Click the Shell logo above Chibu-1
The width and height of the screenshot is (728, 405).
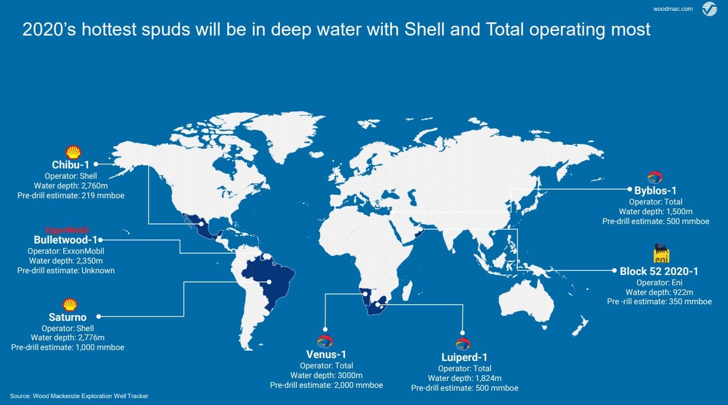pyautogui.click(x=73, y=152)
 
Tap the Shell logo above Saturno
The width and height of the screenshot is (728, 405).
pyautogui.click(x=70, y=305)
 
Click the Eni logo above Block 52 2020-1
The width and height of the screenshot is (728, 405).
pyautogui.click(x=661, y=253)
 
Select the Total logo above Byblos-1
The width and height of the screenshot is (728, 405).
pyautogui.click(x=655, y=178)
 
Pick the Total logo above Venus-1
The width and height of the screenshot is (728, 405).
pyautogui.click(x=325, y=342)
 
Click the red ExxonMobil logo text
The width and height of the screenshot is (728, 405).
pyautogui.click(x=68, y=230)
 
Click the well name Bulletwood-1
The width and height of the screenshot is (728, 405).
pyautogui.click(x=65, y=240)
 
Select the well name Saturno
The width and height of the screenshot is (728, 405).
pyautogui.click(x=68, y=317)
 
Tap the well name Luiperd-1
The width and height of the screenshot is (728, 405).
pyautogui.click(x=464, y=357)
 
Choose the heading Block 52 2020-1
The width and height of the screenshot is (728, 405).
pyautogui.click(x=659, y=272)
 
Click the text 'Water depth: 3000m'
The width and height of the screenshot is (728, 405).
pyautogui.click(x=326, y=375)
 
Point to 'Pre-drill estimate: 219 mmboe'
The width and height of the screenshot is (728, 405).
pyautogui.click(x=71, y=195)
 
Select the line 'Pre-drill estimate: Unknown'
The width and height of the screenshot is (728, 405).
pyautogui.click(x=66, y=270)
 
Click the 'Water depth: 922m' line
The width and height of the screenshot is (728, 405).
pyautogui.click(x=659, y=292)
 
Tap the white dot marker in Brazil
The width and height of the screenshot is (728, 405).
pyautogui.click(x=269, y=282)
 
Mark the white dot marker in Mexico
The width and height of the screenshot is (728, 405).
pyautogui.click(x=201, y=224)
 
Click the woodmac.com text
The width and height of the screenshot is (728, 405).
pyautogui.click(x=672, y=9)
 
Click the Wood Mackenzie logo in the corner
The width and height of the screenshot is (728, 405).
pyautogui.click(x=710, y=9)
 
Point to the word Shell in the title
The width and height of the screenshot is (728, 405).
pyautogui.click(x=425, y=29)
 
